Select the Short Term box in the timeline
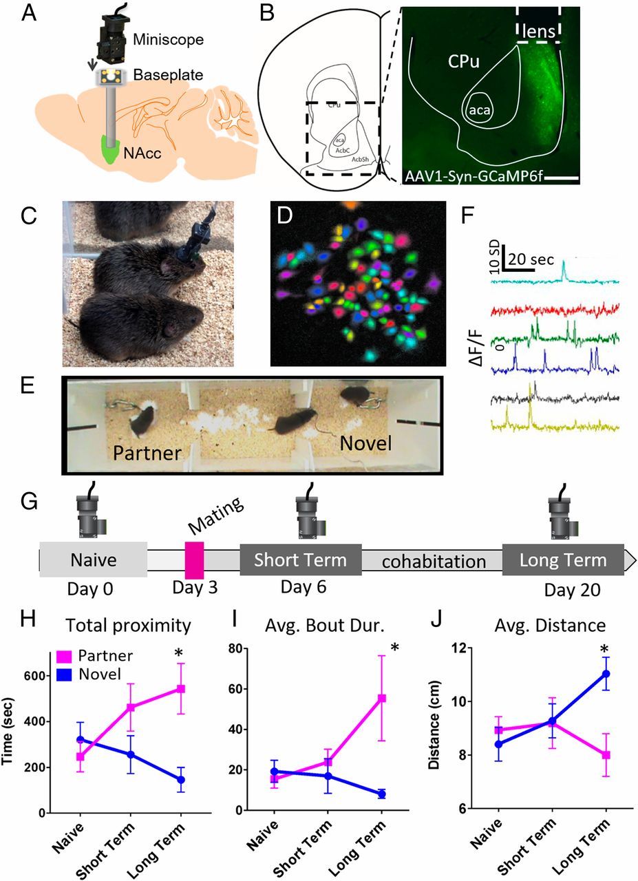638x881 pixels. tap(300, 560)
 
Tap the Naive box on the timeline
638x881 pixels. tap(93, 559)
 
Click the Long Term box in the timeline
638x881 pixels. tap(563, 560)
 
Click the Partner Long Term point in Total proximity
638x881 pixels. tap(181, 688)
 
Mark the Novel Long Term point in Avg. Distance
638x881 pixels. tap(606, 674)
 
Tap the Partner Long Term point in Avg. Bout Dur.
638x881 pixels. tap(381, 698)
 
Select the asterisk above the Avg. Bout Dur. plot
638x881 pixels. tap(396, 648)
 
